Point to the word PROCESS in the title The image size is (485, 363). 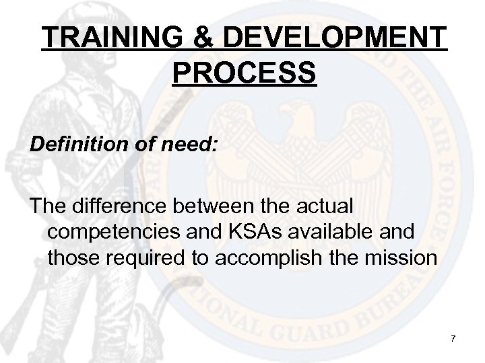click(x=244, y=73)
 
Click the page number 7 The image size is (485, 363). click(x=453, y=337)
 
